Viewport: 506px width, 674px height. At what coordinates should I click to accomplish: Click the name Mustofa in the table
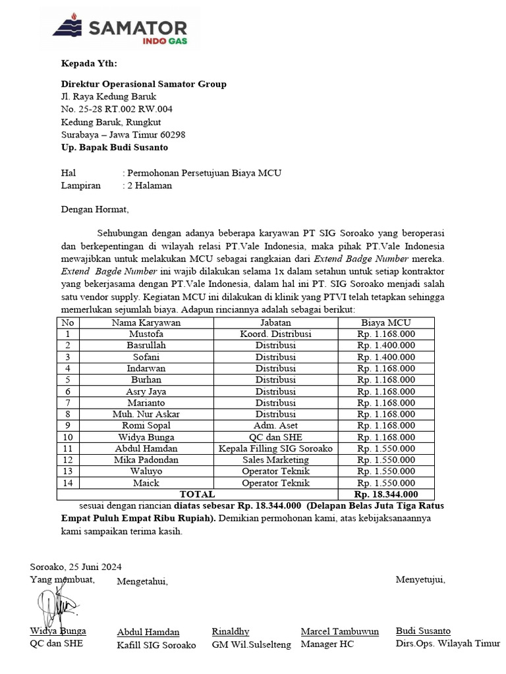click(x=146, y=334)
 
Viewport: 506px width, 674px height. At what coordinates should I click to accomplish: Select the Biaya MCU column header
click(x=385, y=323)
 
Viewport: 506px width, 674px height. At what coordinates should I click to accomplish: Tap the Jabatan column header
click(x=275, y=323)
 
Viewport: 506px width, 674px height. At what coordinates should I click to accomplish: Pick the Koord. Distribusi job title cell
click(x=275, y=334)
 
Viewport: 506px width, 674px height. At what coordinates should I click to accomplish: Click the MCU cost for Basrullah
click(x=385, y=345)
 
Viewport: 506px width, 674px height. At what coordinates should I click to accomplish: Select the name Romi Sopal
click(x=146, y=425)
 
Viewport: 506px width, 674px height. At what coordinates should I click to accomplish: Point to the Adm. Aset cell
click(x=275, y=425)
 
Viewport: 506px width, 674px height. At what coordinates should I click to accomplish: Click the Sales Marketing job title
click(x=275, y=459)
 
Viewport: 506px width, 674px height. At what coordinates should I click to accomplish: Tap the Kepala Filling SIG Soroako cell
click(x=275, y=448)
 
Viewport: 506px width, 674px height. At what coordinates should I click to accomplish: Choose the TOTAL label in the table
click(x=197, y=494)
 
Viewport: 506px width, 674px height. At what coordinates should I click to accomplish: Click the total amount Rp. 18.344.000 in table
click(x=385, y=494)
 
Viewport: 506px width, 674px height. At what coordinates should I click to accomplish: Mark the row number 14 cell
click(x=67, y=482)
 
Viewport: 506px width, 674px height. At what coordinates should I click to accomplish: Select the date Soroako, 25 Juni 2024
click(x=76, y=567)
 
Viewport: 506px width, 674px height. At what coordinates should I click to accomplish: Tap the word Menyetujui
click(x=420, y=579)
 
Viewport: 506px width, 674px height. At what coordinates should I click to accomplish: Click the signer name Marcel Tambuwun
click(x=339, y=631)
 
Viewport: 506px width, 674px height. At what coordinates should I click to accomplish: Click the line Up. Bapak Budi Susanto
click(x=114, y=147)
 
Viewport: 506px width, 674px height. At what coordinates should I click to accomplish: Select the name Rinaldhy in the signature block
click(x=231, y=631)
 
